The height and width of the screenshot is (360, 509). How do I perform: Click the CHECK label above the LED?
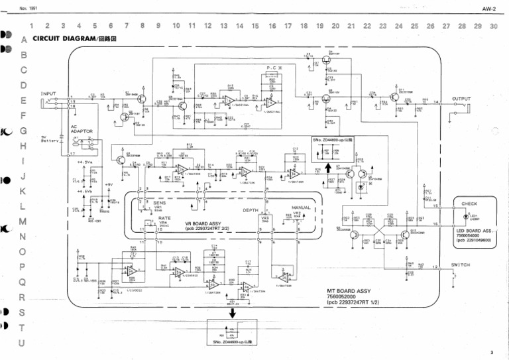click(469, 204)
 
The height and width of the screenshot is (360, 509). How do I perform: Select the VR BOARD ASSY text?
click(207, 224)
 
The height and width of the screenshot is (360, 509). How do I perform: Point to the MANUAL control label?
click(301, 208)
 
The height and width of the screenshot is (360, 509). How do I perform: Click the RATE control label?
click(164, 217)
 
